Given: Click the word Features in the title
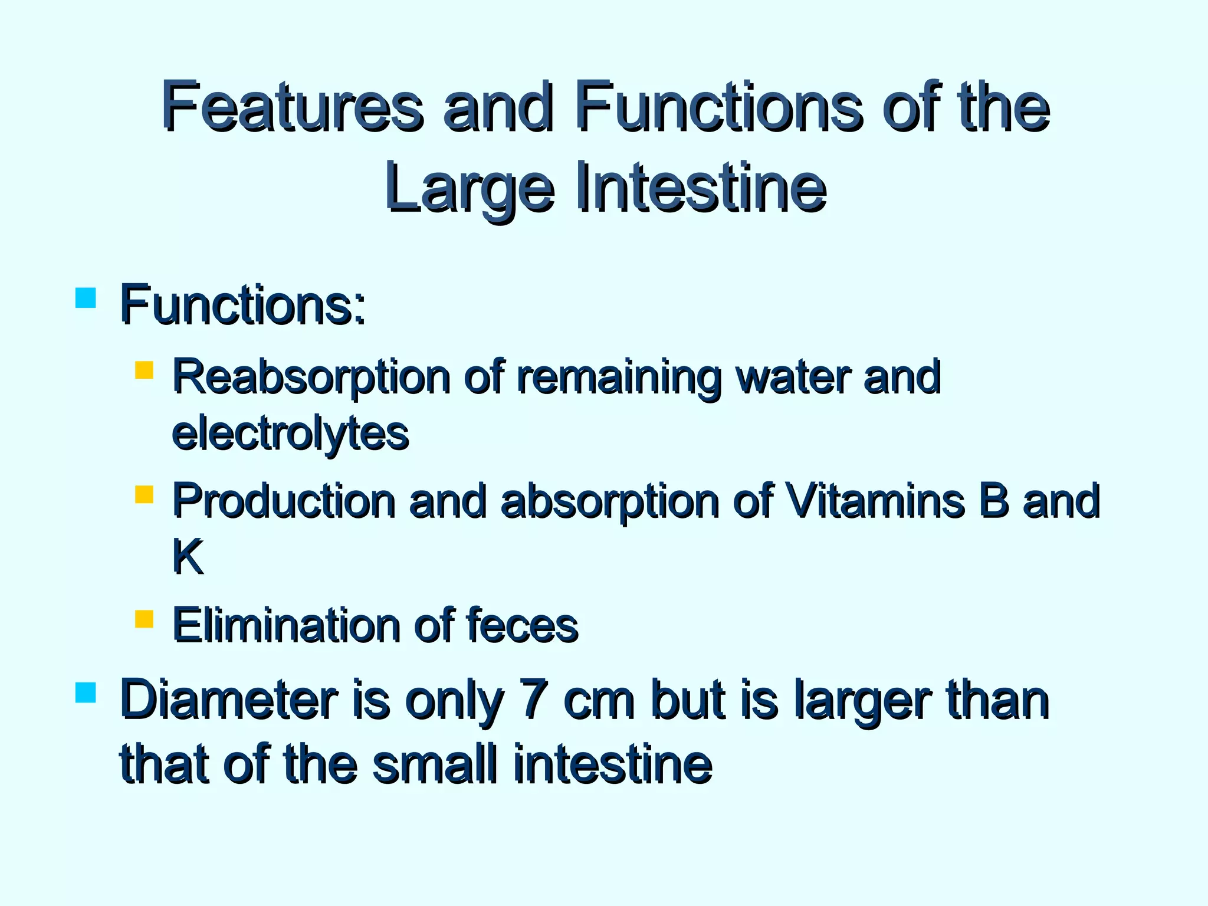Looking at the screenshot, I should (293, 107).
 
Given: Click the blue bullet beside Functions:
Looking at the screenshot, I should (86, 298).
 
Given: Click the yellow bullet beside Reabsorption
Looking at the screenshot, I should (144, 370).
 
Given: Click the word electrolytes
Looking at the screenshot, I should (290, 434).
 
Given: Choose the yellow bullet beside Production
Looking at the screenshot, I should (144, 494).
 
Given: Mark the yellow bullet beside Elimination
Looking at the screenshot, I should (144, 619).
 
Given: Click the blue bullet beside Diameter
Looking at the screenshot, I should (86, 693).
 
